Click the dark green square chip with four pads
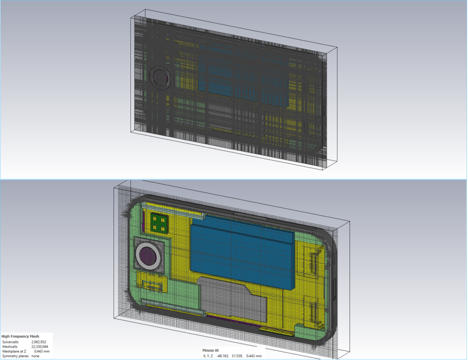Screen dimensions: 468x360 pyautogui.click(x=159, y=223)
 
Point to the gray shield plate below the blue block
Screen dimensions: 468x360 pyautogui.click(x=231, y=299)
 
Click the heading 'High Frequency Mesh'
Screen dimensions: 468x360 pyautogui.click(x=20, y=336)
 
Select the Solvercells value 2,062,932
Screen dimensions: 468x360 pyautogui.click(x=39, y=342)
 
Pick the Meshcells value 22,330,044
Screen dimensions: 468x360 pyautogui.click(x=40, y=347)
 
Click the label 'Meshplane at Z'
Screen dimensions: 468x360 pyautogui.click(x=14, y=351)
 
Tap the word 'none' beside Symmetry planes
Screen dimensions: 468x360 pyautogui.click(x=35, y=356)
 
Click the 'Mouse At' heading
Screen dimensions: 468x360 pyautogui.click(x=210, y=350)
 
